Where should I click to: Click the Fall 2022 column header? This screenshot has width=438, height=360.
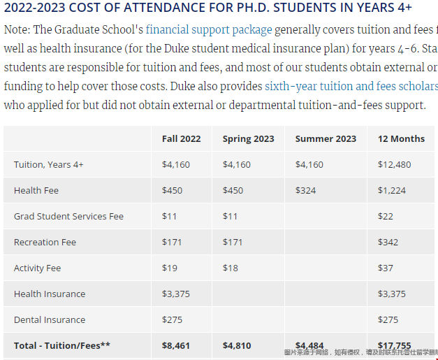(181, 138)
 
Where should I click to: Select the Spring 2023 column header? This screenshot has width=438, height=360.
(248, 138)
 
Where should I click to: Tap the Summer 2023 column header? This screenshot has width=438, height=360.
(326, 138)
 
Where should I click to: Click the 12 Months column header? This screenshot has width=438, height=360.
(401, 138)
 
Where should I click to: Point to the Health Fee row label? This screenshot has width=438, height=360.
(36, 190)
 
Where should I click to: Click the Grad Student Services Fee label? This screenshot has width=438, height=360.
(68, 216)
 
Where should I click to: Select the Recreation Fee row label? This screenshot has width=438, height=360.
(45, 242)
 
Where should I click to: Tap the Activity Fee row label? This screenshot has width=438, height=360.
(37, 268)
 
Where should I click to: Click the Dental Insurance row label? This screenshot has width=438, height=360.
(50, 319)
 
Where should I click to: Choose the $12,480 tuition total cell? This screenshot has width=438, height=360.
(394, 164)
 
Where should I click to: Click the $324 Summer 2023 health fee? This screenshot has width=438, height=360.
(305, 190)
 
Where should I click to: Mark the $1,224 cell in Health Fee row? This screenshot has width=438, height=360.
(391, 190)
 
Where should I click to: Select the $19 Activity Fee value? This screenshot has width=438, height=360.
(169, 268)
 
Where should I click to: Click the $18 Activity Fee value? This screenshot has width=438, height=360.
(230, 268)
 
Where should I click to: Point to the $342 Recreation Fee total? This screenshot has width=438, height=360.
(388, 242)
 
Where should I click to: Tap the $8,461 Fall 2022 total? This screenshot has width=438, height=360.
(176, 345)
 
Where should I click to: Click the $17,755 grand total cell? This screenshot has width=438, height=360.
(395, 345)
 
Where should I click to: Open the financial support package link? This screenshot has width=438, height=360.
(209, 30)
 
